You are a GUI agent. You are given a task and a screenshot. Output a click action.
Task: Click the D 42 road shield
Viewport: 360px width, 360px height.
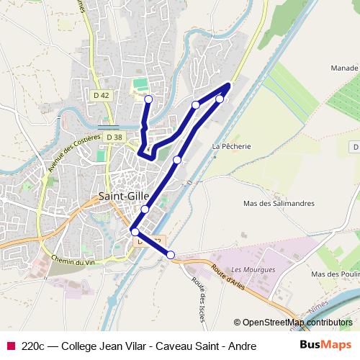pyautogui.click(x=101, y=94)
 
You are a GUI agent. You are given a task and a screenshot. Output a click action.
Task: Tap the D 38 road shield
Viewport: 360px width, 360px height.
pyautogui.click(x=114, y=136)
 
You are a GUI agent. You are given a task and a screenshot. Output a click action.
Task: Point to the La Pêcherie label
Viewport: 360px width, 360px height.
pyautogui.click(x=231, y=145)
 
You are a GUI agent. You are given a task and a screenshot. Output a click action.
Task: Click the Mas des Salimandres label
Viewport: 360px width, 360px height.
pyautogui.click(x=279, y=204)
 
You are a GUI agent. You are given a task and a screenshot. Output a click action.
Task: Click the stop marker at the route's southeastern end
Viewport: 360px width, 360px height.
pyautogui.click(x=171, y=254)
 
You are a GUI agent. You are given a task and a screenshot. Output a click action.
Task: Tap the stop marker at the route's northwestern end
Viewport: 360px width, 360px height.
pyautogui.click(x=148, y=99)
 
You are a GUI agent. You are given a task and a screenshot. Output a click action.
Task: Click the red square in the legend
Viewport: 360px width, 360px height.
pyautogui.click(x=9, y=346)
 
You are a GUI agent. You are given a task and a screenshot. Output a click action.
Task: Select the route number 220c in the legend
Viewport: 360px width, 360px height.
pyautogui.click(x=34, y=346)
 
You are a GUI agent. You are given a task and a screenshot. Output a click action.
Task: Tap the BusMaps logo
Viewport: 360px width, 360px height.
pyautogui.click(x=325, y=345)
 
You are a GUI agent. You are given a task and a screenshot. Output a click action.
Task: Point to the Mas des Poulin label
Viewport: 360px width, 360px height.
pyautogui.click(x=335, y=274)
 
